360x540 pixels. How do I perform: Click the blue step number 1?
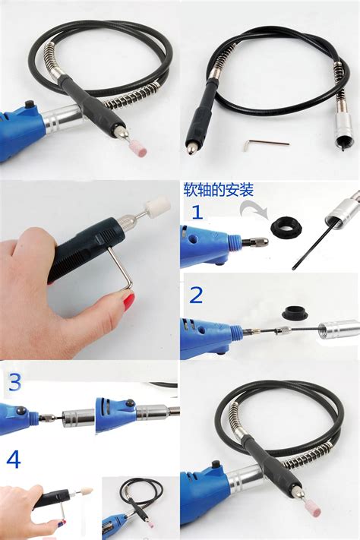tap(197, 212)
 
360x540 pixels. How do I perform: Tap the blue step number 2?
tap(197, 295)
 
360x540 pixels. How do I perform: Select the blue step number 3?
tap(14, 382)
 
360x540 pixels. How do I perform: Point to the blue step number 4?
tap(14, 459)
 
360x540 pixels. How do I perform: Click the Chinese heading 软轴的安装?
tap(219, 190)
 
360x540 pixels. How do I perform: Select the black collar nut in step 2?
tap(295, 312)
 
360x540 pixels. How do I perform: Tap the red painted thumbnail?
tap(128, 300)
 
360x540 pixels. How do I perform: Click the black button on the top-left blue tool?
tap(30, 103)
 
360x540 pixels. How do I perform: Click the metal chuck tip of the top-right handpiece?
tap(190, 149)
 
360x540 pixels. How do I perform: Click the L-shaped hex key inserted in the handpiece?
tap(121, 267)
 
